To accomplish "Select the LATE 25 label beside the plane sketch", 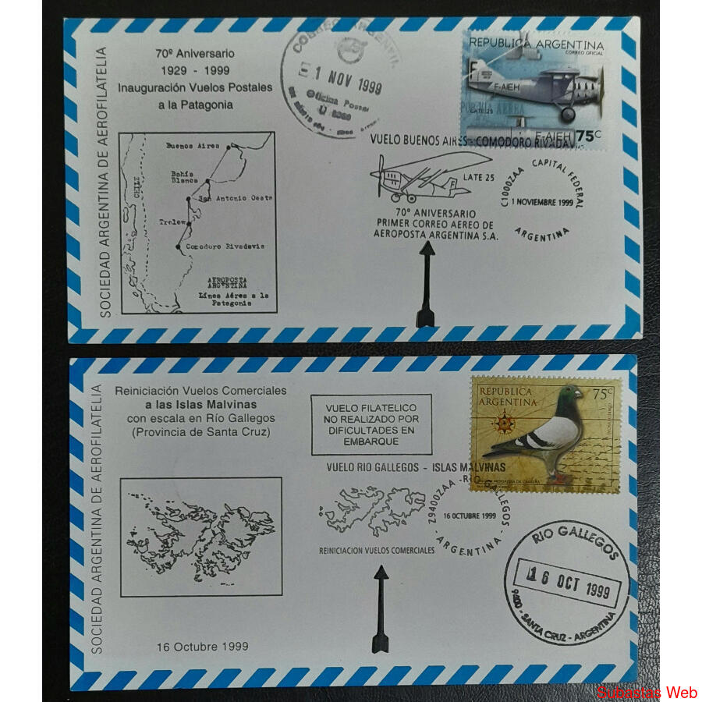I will (479, 178).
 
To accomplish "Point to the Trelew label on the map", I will (172, 222).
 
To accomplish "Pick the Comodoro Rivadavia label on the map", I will (225, 246).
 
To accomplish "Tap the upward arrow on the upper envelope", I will (426, 284).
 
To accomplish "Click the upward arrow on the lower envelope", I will (381, 608).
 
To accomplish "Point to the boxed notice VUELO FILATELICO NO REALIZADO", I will (371, 424).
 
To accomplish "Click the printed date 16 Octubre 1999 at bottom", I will (202, 646).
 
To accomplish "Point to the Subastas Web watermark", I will (647, 692).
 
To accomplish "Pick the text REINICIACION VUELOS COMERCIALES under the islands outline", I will (377, 550).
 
